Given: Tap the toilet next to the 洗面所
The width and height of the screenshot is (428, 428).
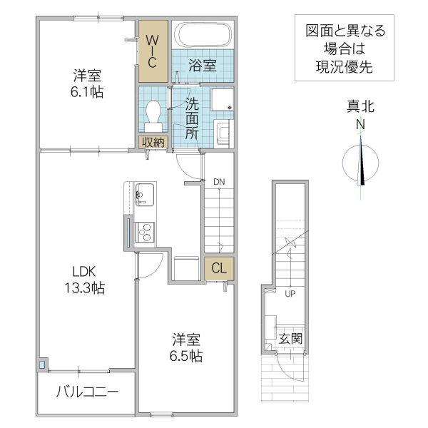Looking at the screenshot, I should [x=153, y=115].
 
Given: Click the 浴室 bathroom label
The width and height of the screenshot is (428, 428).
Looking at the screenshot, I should [x=203, y=66].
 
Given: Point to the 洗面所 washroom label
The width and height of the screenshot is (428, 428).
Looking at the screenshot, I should [x=192, y=118].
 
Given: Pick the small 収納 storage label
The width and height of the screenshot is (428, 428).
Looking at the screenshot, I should [x=153, y=142].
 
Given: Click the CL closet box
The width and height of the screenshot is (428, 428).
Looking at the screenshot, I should [x=218, y=269].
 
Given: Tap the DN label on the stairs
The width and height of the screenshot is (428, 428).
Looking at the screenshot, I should [x=219, y=182].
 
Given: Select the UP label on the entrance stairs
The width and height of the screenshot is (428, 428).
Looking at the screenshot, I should [x=290, y=293].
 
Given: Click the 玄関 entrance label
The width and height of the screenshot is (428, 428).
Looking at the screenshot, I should [x=290, y=337].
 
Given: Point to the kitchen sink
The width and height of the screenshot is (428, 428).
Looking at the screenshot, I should [x=143, y=193].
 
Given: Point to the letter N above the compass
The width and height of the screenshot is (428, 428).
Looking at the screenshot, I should [x=361, y=124].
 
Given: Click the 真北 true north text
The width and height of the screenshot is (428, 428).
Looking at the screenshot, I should [x=361, y=107].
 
